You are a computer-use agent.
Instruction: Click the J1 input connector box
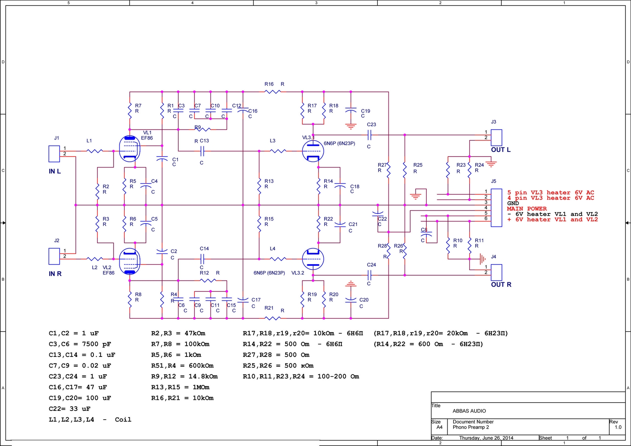(x=54, y=154)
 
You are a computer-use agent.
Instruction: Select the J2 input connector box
(x=54, y=256)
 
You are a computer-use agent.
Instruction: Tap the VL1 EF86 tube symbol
(x=130, y=149)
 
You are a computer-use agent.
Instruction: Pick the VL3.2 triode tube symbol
(x=313, y=259)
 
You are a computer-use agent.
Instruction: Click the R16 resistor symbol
(x=273, y=91)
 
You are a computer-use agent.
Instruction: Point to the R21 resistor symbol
(x=273, y=318)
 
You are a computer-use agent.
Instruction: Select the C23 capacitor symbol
(x=370, y=135)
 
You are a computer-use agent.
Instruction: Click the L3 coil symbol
(x=278, y=151)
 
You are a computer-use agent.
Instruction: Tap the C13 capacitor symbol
(x=202, y=151)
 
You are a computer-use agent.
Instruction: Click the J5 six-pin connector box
(x=497, y=208)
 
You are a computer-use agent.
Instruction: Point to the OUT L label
(x=500, y=149)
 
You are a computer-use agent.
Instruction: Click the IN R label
(x=55, y=274)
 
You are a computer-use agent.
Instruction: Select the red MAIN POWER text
(x=527, y=209)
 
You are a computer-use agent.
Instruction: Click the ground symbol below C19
(x=351, y=127)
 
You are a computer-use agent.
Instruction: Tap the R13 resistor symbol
(x=259, y=186)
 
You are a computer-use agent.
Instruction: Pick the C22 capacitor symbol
(x=378, y=214)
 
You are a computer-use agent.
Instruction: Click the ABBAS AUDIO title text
(x=469, y=411)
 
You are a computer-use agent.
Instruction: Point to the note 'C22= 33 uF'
(x=69, y=409)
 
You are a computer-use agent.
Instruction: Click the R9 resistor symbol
(x=203, y=129)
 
